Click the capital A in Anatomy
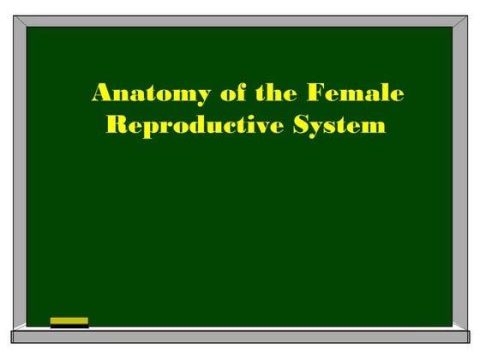pyautogui.click(x=101, y=93)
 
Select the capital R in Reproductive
pyautogui.click(x=115, y=125)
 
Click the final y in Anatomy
pyautogui.click(x=178, y=95)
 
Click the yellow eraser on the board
pyautogui.click(x=69, y=320)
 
